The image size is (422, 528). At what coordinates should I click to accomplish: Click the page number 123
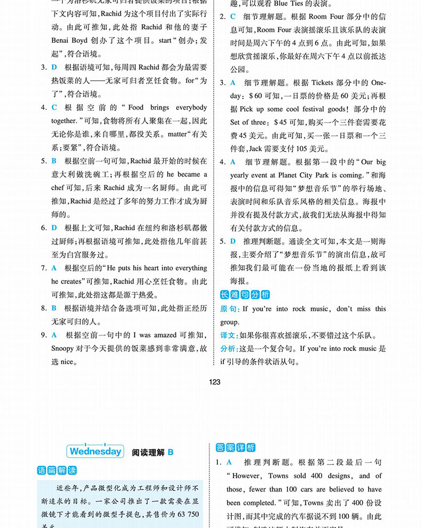click(x=215, y=382)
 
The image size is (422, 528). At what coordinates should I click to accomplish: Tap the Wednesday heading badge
click(x=96, y=451)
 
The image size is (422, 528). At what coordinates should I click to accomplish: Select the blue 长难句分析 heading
click(x=245, y=295)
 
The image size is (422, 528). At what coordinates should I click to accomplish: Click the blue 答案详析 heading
click(x=236, y=448)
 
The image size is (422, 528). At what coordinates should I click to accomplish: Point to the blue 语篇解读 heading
click(x=57, y=471)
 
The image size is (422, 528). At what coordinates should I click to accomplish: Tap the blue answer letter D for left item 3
click(x=54, y=67)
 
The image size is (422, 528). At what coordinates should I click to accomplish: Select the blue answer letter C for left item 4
click(x=54, y=108)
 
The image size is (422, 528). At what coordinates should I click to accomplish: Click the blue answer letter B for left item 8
click(x=54, y=308)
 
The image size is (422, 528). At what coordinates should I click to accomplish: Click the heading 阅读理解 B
click(x=152, y=452)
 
